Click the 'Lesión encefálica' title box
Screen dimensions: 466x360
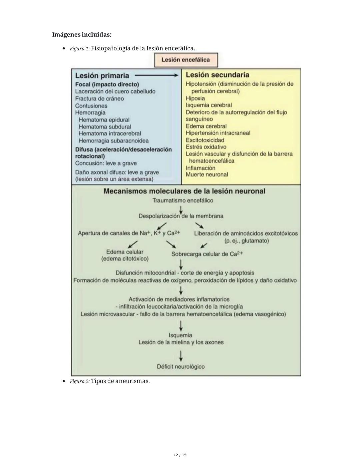point(186,60)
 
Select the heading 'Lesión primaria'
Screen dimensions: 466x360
point(102,76)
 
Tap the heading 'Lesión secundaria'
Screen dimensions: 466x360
point(217,75)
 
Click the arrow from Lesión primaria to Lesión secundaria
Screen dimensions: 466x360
point(157,76)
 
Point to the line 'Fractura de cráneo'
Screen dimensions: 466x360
point(99,99)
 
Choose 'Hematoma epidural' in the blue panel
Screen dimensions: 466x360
point(104,120)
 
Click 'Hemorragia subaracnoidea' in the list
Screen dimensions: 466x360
point(114,141)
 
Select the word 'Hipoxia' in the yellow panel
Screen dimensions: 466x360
point(195,98)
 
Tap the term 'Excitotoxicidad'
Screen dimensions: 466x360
point(205,140)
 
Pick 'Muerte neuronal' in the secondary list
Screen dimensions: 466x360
point(207,174)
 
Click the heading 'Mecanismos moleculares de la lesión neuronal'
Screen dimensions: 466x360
point(184,191)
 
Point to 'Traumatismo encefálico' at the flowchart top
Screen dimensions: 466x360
point(183,200)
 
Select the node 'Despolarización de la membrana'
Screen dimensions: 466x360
point(181,216)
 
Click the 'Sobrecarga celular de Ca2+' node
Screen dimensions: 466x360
point(207,254)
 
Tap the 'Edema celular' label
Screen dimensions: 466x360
point(125,252)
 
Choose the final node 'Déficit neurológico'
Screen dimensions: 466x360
point(181,367)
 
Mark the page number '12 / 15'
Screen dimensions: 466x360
point(180,455)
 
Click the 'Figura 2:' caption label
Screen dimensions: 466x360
point(80,381)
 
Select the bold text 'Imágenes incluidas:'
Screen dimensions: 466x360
point(82,35)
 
